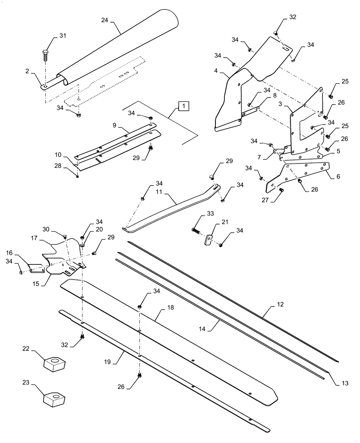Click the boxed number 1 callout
184,106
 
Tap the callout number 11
160,193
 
